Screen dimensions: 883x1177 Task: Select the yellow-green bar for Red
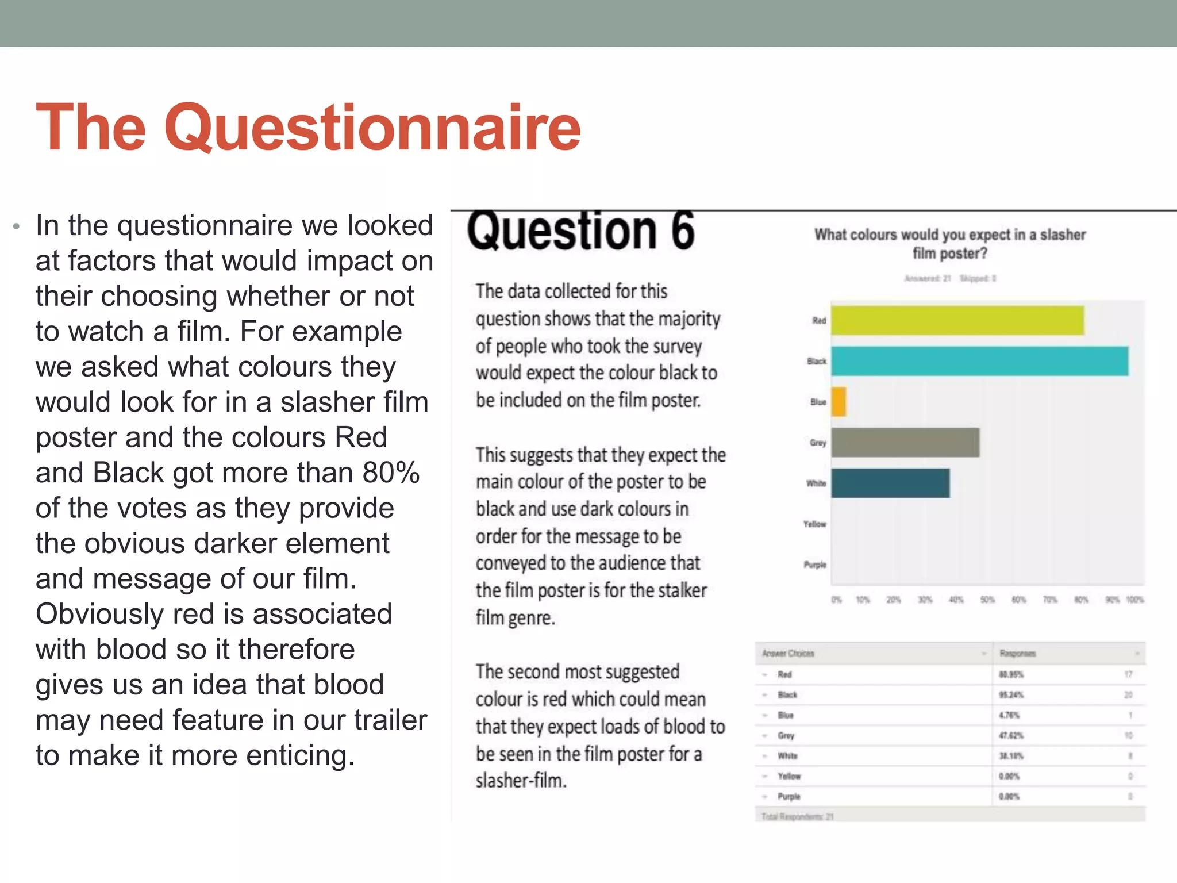[957, 320]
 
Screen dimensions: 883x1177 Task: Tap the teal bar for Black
[979, 361]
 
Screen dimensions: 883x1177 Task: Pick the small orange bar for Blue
[838, 402]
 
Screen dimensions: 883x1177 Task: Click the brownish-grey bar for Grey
[905, 443]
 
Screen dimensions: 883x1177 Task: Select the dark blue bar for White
[890, 483]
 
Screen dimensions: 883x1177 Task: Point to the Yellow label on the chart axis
[814, 524]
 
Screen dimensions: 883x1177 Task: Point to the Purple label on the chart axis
[814, 565]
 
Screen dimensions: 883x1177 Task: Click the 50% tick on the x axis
[987, 600]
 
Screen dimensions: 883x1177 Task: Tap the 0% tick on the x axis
[836, 600]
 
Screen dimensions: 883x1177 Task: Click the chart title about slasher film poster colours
[950, 244]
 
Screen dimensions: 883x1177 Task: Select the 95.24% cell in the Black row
[1011, 695]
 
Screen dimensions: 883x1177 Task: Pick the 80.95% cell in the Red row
[1011, 674]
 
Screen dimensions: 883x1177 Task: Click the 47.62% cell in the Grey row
[1011, 736]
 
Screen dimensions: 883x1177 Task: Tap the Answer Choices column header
[788, 654]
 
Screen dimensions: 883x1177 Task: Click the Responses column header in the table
[1017, 654]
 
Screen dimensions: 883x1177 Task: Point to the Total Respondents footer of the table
[797, 816]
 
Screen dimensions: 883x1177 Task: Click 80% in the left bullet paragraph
[391, 473]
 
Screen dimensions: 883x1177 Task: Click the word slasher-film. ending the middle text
[521, 781]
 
